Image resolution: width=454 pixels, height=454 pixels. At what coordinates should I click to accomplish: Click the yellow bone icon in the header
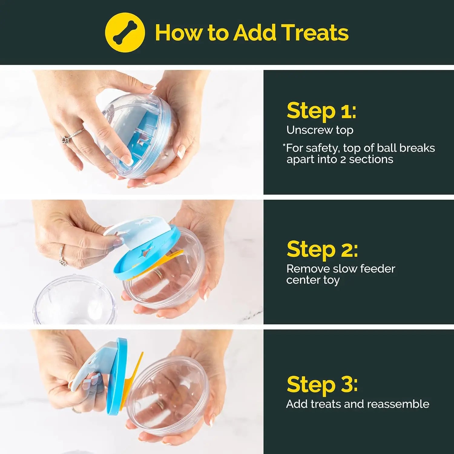(125, 32)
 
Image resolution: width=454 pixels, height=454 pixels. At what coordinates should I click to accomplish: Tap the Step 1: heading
(321, 111)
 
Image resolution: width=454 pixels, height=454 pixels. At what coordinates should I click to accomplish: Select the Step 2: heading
(322, 249)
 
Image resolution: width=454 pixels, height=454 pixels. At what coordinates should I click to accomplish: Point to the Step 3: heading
(322, 384)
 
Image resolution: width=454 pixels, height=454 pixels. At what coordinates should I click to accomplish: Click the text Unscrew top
(320, 130)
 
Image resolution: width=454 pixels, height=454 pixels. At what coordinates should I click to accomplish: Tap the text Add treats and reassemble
(357, 404)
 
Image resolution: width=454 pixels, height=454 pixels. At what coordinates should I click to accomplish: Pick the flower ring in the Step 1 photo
(66, 140)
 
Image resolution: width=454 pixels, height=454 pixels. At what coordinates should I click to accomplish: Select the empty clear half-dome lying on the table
(74, 301)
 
